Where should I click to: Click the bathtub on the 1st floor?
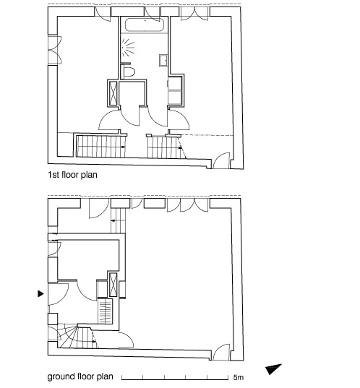click(145, 25)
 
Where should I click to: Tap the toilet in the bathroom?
click(129, 72)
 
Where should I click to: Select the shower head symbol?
click(128, 47)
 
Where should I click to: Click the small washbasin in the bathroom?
click(163, 61)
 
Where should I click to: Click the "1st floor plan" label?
click(72, 175)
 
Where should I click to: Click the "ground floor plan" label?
click(80, 376)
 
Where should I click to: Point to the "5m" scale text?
click(238, 378)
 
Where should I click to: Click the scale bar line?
click(175, 379)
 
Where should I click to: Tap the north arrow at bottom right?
click(273, 369)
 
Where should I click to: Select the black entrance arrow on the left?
click(40, 294)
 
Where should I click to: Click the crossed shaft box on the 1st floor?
click(113, 92)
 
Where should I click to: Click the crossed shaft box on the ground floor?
click(113, 285)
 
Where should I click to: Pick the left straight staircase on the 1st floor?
click(100, 147)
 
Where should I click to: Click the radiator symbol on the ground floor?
click(105, 311)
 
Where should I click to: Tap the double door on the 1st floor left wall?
click(55, 51)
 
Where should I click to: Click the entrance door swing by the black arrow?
click(58, 294)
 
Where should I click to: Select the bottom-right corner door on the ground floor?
click(221, 352)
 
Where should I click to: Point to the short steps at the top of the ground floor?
click(118, 220)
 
